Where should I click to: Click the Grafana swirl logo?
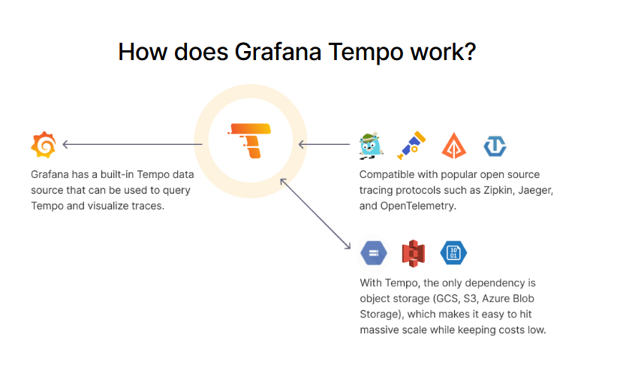click(44, 145)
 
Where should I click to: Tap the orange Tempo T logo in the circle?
click(250, 140)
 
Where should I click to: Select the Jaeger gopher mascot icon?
click(371, 146)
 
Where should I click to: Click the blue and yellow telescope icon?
click(411, 146)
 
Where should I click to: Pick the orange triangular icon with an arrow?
click(453, 146)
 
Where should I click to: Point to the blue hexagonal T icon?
click(495, 146)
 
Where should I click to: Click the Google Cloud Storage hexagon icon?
click(374, 253)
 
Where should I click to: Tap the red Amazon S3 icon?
click(413, 253)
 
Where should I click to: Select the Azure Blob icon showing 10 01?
click(453, 253)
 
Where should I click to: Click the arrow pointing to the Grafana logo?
click(133, 144)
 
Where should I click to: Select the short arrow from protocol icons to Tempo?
click(324, 144)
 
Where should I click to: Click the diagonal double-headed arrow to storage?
click(315, 213)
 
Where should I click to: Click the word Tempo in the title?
click(366, 52)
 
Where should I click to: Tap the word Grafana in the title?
click(278, 52)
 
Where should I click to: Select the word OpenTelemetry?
click(418, 206)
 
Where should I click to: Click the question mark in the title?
click(469, 52)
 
